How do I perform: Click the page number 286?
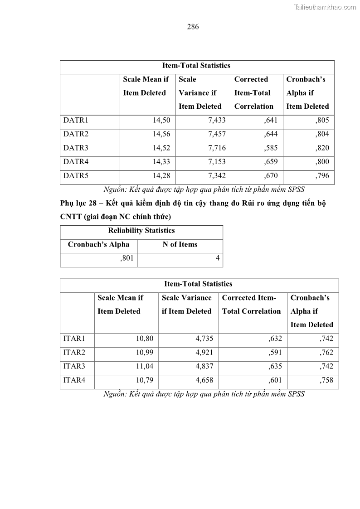193,27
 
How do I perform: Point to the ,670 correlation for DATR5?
271,176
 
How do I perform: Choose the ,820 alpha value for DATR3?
321,148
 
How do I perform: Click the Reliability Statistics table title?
141,231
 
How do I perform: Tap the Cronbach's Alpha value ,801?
127,258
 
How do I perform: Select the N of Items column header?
180,244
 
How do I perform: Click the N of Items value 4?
218,258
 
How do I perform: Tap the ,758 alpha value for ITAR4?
326,380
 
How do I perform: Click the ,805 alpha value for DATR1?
321,121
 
